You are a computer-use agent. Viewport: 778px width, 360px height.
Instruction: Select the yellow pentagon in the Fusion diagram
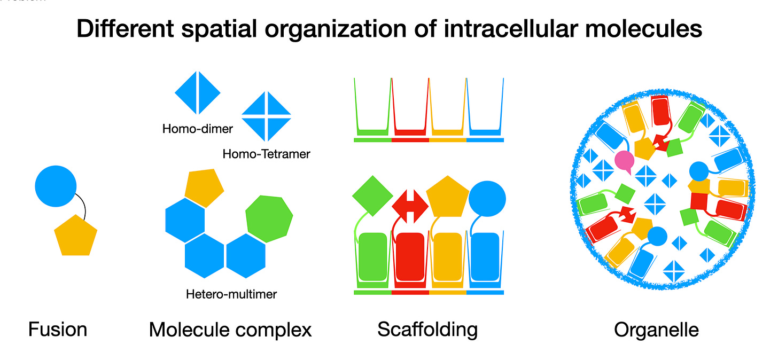point(76,236)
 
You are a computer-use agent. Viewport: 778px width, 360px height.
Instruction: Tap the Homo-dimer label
point(198,128)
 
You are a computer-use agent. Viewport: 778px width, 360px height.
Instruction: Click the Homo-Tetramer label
point(266,154)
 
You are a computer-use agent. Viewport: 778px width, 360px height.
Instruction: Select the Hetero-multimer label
point(231,294)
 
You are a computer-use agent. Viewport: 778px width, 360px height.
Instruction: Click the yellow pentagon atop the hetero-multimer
point(204,187)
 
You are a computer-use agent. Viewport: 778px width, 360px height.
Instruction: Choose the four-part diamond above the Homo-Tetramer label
point(266,114)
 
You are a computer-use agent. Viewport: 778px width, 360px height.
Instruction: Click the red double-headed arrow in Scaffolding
point(410,206)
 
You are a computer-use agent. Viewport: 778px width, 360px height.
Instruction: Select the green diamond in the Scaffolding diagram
point(372,196)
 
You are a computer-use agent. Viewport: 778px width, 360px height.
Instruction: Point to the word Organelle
point(656,330)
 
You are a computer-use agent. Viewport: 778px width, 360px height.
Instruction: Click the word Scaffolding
point(427,330)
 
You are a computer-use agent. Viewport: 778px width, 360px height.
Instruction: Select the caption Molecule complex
point(230,330)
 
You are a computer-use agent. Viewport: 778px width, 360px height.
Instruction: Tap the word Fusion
point(58,330)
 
